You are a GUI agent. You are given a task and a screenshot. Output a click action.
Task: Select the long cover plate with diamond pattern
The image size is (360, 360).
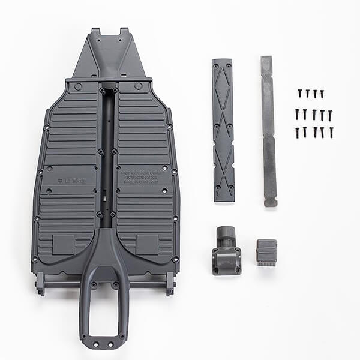click(x=223, y=130)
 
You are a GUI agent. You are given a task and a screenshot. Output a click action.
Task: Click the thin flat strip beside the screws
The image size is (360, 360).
click(x=268, y=131)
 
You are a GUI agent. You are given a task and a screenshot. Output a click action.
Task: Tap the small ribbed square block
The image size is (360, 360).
click(x=266, y=251)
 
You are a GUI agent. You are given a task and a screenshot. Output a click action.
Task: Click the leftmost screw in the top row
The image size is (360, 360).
click(x=299, y=94)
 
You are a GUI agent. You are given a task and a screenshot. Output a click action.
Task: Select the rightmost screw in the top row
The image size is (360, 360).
click(x=322, y=94)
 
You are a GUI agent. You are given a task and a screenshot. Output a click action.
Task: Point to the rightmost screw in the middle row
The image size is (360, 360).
click(x=330, y=114)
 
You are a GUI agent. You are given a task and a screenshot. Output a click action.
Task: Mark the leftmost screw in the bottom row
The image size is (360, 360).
click(x=297, y=132)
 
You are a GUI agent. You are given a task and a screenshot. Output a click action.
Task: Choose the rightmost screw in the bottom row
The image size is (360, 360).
click(x=331, y=132)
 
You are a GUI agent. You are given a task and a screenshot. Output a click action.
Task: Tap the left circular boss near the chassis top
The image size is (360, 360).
click(x=78, y=86)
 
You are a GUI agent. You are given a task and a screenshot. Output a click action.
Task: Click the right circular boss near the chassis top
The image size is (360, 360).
click(x=139, y=86)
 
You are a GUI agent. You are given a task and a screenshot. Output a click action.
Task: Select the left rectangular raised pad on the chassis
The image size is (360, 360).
click(x=64, y=243)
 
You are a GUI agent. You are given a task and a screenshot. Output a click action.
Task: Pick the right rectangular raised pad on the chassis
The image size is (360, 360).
click(x=148, y=243)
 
